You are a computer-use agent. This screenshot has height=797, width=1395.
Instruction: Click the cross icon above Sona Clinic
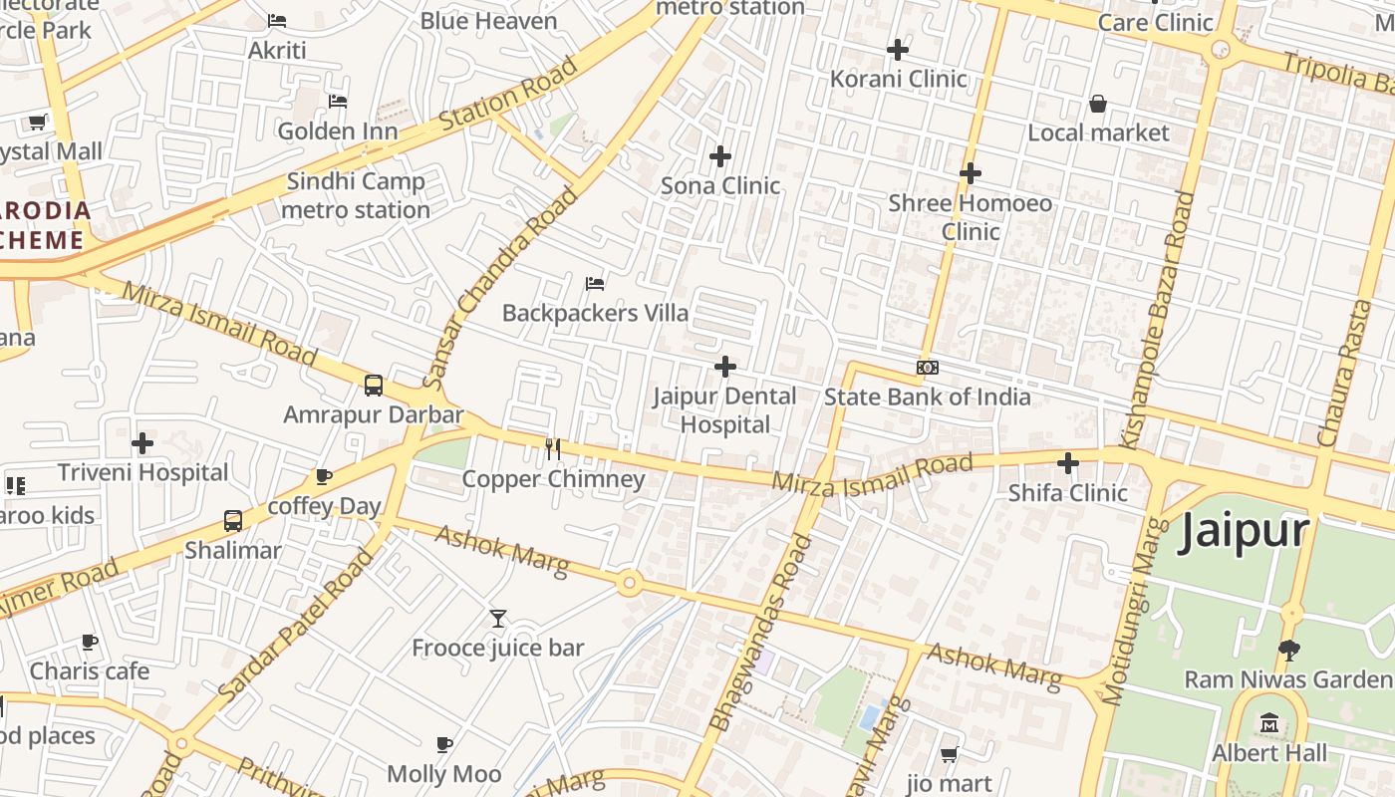pyautogui.click(x=720, y=156)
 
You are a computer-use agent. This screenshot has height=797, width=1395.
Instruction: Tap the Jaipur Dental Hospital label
pyautogui.click(x=724, y=409)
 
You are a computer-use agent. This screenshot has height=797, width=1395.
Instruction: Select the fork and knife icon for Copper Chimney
pyautogui.click(x=553, y=449)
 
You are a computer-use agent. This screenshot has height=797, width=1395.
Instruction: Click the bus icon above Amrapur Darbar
pyautogui.click(x=374, y=386)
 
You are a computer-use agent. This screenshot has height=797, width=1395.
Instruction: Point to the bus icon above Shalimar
pyautogui.click(x=233, y=521)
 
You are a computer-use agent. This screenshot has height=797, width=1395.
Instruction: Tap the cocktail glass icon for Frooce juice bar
pyautogui.click(x=498, y=619)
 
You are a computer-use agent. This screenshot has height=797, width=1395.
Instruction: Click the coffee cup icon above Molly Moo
pyautogui.click(x=444, y=744)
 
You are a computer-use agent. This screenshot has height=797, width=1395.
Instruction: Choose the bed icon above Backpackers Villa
pyautogui.click(x=595, y=284)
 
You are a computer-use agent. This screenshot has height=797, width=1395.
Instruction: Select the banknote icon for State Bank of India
pyautogui.click(x=927, y=368)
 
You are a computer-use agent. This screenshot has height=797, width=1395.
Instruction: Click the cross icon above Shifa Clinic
pyautogui.click(x=1068, y=463)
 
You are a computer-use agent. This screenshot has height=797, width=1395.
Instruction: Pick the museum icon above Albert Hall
pyautogui.click(x=1269, y=722)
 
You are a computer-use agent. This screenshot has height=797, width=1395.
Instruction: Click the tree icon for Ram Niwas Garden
pyautogui.click(x=1288, y=651)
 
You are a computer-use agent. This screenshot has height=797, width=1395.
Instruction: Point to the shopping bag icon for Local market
pyautogui.click(x=1098, y=104)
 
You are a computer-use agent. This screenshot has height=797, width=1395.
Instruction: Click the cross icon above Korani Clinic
pyautogui.click(x=898, y=49)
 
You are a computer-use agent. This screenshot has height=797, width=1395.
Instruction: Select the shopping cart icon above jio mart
pyautogui.click(x=949, y=754)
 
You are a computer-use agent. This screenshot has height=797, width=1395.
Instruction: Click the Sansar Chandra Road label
pyautogui.click(x=498, y=289)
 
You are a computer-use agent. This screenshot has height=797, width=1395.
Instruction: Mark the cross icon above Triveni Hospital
pyautogui.click(x=142, y=442)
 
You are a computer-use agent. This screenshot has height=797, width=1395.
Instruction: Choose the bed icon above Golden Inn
pyautogui.click(x=338, y=102)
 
